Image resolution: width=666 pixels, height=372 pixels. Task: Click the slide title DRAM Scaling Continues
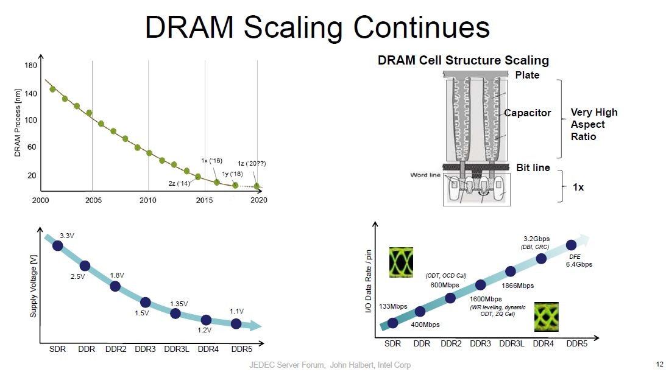pos(317,27)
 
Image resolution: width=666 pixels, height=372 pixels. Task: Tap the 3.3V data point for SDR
pos(58,245)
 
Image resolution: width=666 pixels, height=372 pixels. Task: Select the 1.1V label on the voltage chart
pos(237,311)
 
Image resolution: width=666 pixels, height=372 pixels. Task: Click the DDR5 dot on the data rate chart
pos(571,245)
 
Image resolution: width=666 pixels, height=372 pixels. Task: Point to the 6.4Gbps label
pos(579,264)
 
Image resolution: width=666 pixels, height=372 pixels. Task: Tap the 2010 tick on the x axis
pos(148,200)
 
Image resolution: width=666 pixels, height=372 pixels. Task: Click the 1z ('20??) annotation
pos(252,163)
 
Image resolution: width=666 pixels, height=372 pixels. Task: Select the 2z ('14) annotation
pos(179,183)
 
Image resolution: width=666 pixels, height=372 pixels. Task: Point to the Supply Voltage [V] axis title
pos(34,286)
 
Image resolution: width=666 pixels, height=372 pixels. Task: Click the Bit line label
pos(533,167)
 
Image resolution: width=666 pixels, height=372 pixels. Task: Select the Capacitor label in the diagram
pos(527,113)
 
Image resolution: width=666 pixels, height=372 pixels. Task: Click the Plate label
pos(527,75)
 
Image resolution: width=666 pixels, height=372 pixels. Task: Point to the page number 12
pos(659,364)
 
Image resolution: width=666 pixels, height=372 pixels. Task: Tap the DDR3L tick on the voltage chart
pos(176,349)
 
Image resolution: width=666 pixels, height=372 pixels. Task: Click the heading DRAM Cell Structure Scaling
pos(463,60)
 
